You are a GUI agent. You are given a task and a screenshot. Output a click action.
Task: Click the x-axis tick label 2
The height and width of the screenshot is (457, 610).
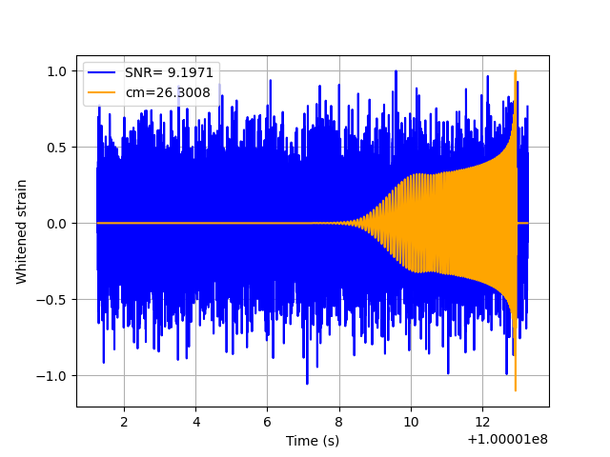[124, 422]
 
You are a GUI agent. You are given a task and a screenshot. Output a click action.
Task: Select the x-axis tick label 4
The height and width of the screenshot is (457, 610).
[195, 422]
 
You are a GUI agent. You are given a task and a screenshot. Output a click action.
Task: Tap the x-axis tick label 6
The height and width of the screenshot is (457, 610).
[267, 422]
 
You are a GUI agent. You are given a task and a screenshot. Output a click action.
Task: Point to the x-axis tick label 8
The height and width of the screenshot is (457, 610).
[339, 422]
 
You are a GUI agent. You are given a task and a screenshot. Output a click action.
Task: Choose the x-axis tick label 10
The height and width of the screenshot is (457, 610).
[411, 422]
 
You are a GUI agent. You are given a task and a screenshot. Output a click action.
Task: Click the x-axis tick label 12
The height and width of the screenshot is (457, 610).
[482, 422]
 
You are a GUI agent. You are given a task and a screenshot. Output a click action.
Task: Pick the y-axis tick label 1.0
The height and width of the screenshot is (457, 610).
[57, 71]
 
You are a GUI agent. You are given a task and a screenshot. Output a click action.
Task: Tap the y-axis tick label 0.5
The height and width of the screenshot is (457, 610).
[57, 148]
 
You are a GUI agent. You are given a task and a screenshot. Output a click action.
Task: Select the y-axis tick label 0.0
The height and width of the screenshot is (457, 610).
[57, 224]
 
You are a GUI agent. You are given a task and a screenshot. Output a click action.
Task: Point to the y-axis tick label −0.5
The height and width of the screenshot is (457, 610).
[51, 300]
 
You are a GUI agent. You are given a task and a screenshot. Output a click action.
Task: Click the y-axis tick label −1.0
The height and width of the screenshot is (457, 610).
[51, 376]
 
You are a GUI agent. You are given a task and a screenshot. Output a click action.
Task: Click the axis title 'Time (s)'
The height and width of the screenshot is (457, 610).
[313, 441]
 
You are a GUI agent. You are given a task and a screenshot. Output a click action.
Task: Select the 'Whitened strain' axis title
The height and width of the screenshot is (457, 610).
[21, 232]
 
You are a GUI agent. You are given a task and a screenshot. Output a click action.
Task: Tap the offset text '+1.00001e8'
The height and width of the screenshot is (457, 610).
[508, 440]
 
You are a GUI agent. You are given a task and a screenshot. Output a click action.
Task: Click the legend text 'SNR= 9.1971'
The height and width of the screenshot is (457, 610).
[170, 72]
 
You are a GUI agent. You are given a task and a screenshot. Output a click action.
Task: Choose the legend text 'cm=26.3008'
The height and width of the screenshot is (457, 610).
[168, 92]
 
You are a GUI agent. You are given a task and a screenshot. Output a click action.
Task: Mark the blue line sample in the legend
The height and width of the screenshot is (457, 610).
[102, 72]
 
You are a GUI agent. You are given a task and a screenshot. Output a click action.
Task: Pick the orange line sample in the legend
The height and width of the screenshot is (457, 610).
[102, 92]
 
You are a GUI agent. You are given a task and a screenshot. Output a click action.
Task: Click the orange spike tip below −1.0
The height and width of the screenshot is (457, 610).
[516, 390]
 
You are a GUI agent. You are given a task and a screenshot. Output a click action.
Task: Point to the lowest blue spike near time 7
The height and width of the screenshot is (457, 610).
[307, 384]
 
